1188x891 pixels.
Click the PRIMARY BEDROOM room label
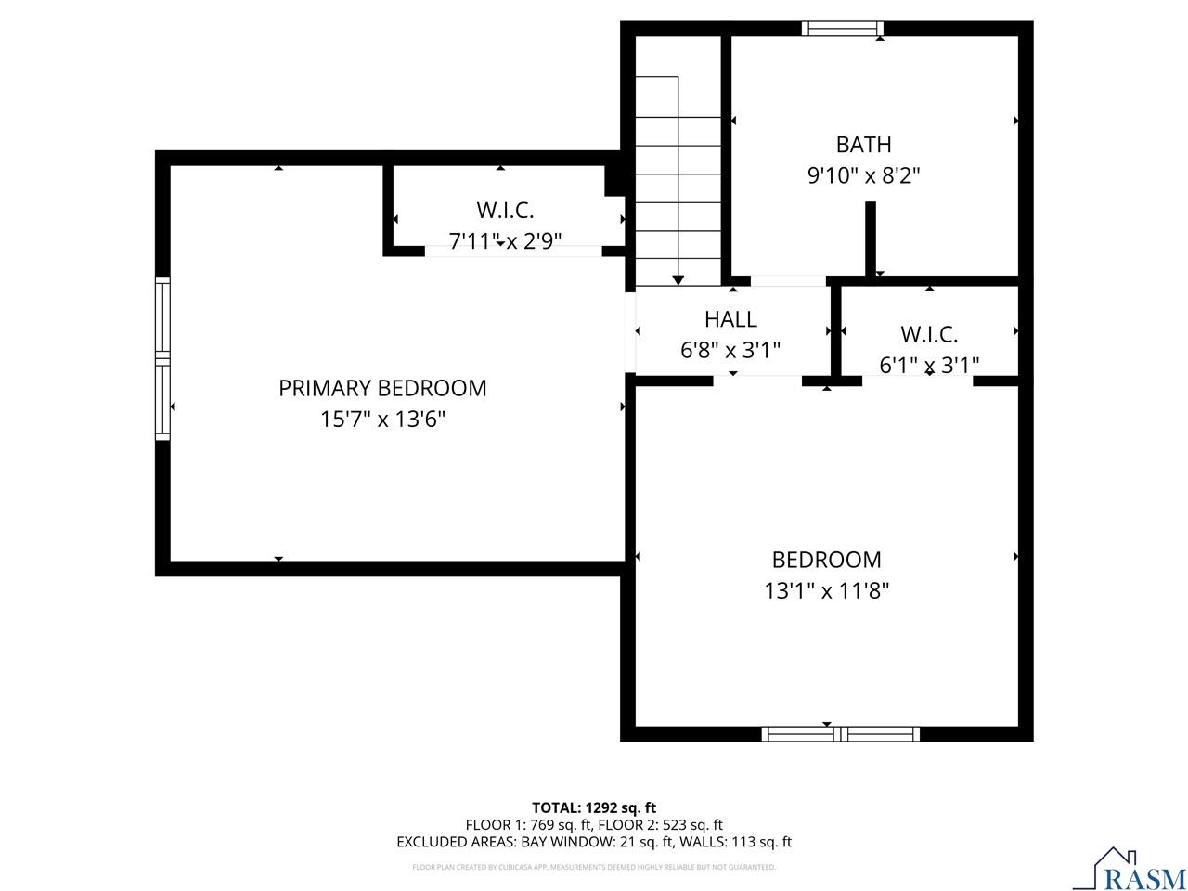click(382, 388)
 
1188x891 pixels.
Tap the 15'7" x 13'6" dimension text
click(382, 420)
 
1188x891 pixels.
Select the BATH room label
click(863, 145)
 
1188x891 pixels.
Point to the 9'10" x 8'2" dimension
click(863, 175)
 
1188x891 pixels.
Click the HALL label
click(730, 319)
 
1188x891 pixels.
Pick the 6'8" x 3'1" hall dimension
click(730, 351)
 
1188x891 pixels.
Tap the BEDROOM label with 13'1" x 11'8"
click(826, 560)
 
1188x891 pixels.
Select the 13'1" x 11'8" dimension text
click(826, 591)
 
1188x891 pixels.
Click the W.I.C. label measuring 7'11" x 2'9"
click(505, 210)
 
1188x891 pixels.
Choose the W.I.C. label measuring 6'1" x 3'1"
click(928, 334)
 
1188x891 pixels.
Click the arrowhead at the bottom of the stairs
click(678, 279)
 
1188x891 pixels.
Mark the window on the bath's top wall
click(842, 29)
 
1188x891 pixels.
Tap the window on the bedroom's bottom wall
click(841, 734)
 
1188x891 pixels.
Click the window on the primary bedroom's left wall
click(163, 357)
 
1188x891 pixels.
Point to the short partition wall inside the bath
click(871, 239)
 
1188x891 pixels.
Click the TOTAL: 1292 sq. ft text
click(594, 807)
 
